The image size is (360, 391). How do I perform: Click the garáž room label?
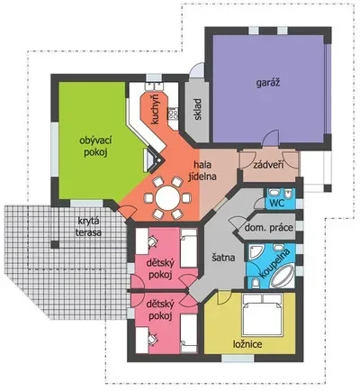point(268,83)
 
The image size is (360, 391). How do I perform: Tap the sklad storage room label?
point(198,109)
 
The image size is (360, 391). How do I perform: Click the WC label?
point(276,203)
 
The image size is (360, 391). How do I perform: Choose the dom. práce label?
point(268,227)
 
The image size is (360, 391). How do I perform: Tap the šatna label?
point(223,258)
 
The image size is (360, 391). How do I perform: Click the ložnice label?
point(247,344)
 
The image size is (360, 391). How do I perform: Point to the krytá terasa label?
point(88,227)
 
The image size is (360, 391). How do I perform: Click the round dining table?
point(168,197)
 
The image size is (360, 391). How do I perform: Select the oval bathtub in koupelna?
point(283,276)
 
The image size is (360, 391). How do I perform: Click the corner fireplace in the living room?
point(155,160)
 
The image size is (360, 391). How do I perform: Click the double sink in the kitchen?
point(154,86)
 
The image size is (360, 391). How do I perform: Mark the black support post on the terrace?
point(55,245)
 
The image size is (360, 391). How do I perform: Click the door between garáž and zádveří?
point(271,139)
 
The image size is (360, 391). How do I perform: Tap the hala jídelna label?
point(202,170)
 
